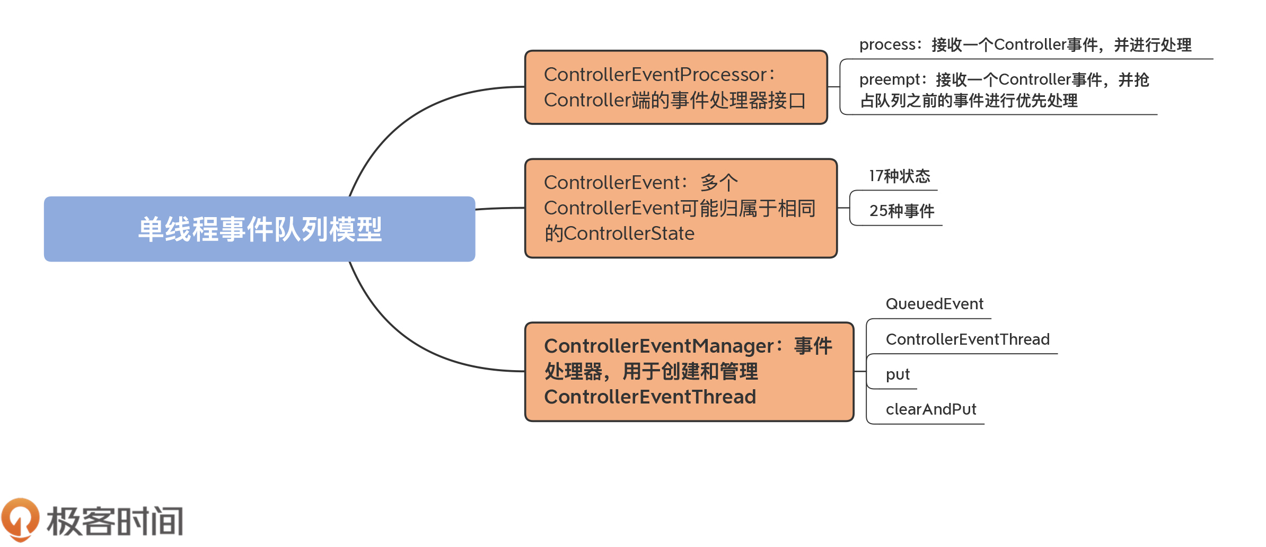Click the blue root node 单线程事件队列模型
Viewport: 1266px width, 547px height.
click(x=259, y=229)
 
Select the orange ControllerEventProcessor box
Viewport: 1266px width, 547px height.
click(x=675, y=87)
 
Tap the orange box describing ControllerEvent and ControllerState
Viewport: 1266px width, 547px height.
click(x=680, y=208)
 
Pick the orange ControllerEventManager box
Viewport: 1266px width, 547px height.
click(x=689, y=372)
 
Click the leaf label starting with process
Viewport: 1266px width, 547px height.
click(x=1025, y=45)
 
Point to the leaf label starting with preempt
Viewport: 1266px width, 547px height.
click(x=1004, y=90)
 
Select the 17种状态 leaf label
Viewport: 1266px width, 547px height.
click(x=899, y=176)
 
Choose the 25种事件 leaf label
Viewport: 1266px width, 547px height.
click(x=901, y=211)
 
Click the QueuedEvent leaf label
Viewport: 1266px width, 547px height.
click(x=934, y=304)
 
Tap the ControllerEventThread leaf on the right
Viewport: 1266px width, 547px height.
click(x=967, y=339)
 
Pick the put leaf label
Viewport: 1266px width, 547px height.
click(x=897, y=374)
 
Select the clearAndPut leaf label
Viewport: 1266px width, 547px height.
click(x=930, y=409)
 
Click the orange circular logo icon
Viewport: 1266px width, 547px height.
click(x=20, y=519)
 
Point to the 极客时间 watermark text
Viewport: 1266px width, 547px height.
click(x=115, y=522)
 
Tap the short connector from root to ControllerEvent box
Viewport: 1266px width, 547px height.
click(x=500, y=209)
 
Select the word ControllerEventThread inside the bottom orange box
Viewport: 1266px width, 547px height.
click(x=650, y=397)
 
